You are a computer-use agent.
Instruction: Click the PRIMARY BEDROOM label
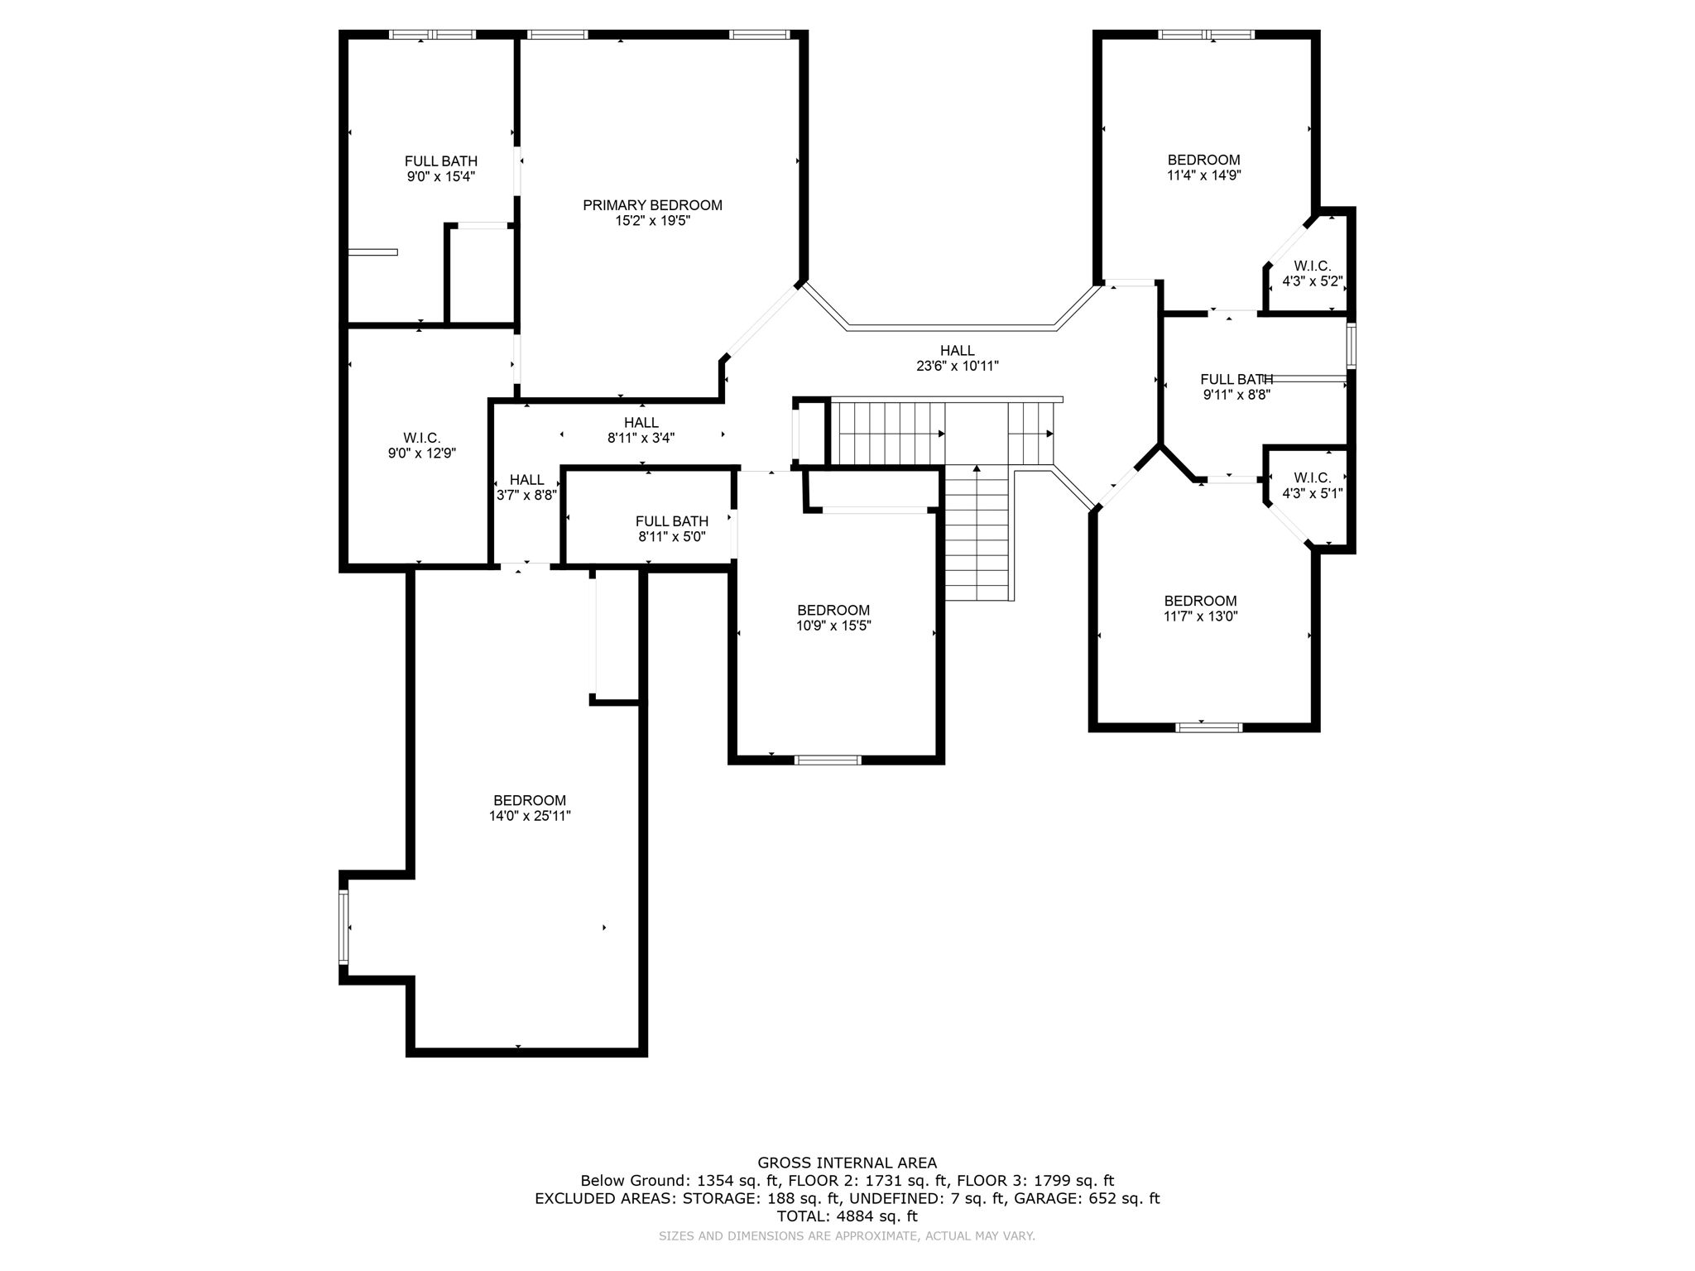(652, 205)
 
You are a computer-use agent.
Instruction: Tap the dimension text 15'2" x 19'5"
(652, 221)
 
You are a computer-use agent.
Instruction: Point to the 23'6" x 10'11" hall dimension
(958, 366)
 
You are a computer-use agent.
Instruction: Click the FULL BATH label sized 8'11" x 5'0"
(672, 521)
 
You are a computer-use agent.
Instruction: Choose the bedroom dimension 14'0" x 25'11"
(530, 816)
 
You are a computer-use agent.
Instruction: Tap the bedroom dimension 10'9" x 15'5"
(833, 626)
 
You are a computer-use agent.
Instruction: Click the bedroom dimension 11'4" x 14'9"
(1204, 175)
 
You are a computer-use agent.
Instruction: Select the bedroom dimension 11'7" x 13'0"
(1201, 616)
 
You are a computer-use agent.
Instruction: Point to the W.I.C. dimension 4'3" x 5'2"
(1313, 281)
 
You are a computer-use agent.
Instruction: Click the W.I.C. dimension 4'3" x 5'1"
(1313, 493)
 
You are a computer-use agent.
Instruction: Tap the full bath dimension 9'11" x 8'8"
(1236, 395)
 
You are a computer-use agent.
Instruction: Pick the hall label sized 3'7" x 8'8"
(526, 480)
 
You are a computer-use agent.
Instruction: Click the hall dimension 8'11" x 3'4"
(641, 439)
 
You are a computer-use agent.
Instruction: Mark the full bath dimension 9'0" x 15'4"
(441, 177)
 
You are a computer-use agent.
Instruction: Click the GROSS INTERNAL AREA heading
(847, 1163)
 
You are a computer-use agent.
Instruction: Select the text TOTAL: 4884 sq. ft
(847, 1216)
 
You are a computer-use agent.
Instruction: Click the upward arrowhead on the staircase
(977, 468)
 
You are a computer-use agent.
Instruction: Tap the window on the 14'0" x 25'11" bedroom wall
(344, 927)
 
